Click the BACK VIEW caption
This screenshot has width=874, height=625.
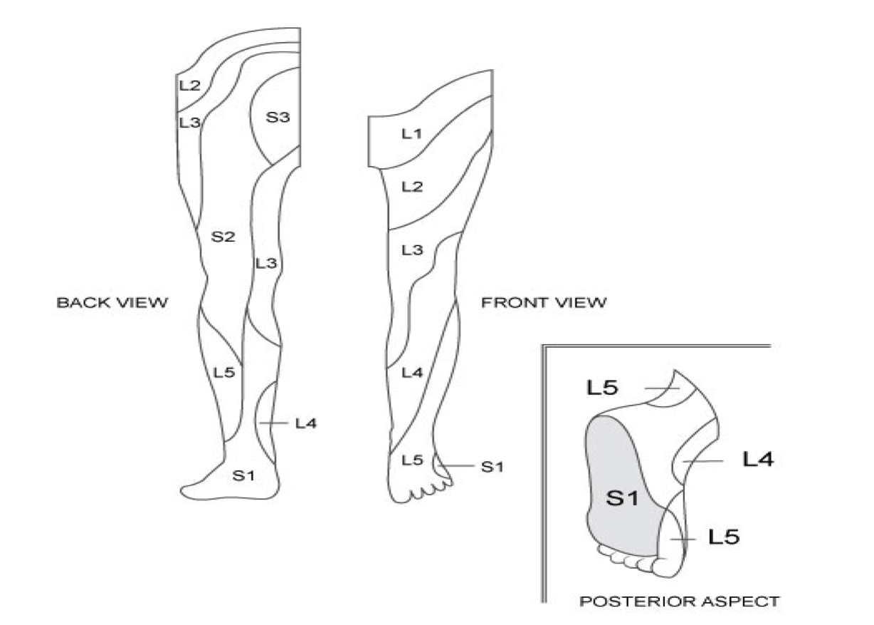pyautogui.click(x=112, y=303)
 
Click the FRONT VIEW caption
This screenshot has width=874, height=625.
pyautogui.click(x=544, y=303)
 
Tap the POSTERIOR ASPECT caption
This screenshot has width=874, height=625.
pyautogui.click(x=679, y=601)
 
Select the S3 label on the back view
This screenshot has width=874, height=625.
pyautogui.click(x=278, y=117)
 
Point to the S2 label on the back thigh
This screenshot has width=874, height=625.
pyautogui.click(x=223, y=237)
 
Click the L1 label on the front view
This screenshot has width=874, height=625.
pyautogui.click(x=412, y=133)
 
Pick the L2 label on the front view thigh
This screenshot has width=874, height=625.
pyautogui.click(x=412, y=187)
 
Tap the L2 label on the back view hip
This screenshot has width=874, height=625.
pyautogui.click(x=189, y=86)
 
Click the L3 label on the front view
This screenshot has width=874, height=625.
pyautogui.click(x=412, y=250)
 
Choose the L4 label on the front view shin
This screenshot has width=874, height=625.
pyautogui.click(x=412, y=372)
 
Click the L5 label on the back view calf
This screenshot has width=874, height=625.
pyautogui.click(x=224, y=371)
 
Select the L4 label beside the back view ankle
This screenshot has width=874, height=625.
pyautogui.click(x=305, y=424)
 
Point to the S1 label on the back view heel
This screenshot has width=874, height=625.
pyautogui.click(x=244, y=475)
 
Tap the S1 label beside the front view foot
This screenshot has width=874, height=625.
pyautogui.click(x=492, y=467)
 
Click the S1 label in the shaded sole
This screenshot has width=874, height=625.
pyautogui.click(x=621, y=498)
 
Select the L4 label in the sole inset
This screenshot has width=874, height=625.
pyautogui.click(x=758, y=460)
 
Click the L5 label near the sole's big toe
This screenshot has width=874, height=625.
pyautogui.click(x=723, y=537)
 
